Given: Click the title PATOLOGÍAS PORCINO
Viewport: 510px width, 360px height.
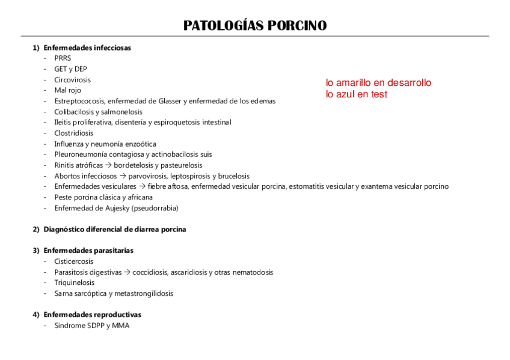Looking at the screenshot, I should (255, 26).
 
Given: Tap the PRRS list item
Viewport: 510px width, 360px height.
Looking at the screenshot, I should (63, 58).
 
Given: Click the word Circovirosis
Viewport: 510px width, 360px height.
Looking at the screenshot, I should (73, 79).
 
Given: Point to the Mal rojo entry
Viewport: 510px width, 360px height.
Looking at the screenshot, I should (67, 90).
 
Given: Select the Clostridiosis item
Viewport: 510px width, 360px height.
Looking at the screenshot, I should (74, 133).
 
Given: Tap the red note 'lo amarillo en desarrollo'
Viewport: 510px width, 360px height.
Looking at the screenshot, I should (378, 83).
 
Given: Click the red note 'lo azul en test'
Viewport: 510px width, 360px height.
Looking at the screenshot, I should (357, 94).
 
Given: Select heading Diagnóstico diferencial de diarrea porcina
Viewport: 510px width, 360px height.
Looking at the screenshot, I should (115, 229).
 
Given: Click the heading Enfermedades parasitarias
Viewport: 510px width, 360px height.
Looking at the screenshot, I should (88, 250).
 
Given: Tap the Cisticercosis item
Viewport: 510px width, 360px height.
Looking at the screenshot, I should (74, 261).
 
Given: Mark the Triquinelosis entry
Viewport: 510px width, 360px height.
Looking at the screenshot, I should (75, 282).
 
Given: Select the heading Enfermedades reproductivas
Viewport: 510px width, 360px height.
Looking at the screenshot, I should (93, 314).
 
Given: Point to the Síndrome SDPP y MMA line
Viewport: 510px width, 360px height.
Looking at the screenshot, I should (91, 325).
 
